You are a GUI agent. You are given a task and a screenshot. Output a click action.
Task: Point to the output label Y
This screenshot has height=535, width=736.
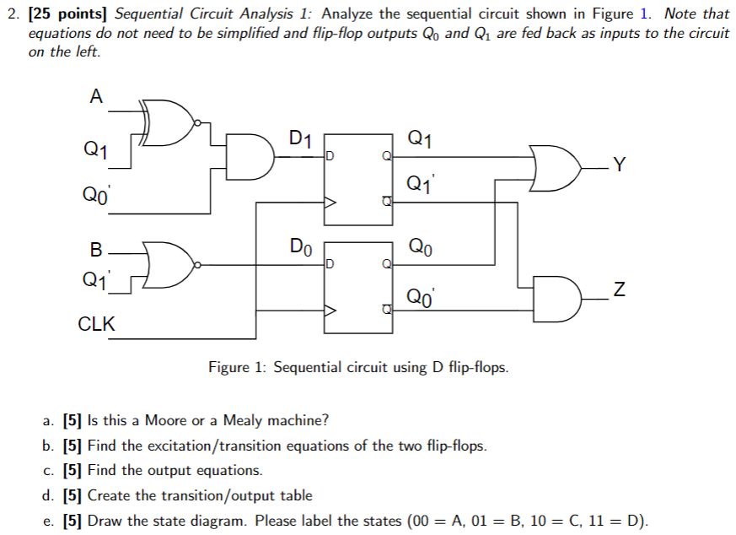pyautogui.click(x=620, y=164)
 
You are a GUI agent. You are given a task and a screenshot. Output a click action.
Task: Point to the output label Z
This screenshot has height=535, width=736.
pyautogui.click(x=620, y=292)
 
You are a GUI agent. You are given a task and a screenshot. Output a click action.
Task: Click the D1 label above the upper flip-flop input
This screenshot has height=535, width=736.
pyautogui.click(x=301, y=138)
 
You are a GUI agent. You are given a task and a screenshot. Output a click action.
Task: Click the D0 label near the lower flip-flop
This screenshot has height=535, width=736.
pyautogui.click(x=301, y=247)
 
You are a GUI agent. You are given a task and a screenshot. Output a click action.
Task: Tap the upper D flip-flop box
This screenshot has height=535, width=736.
pyautogui.click(x=359, y=179)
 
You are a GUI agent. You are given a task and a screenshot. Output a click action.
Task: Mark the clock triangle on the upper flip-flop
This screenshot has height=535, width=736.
pyautogui.click(x=331, y=203)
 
